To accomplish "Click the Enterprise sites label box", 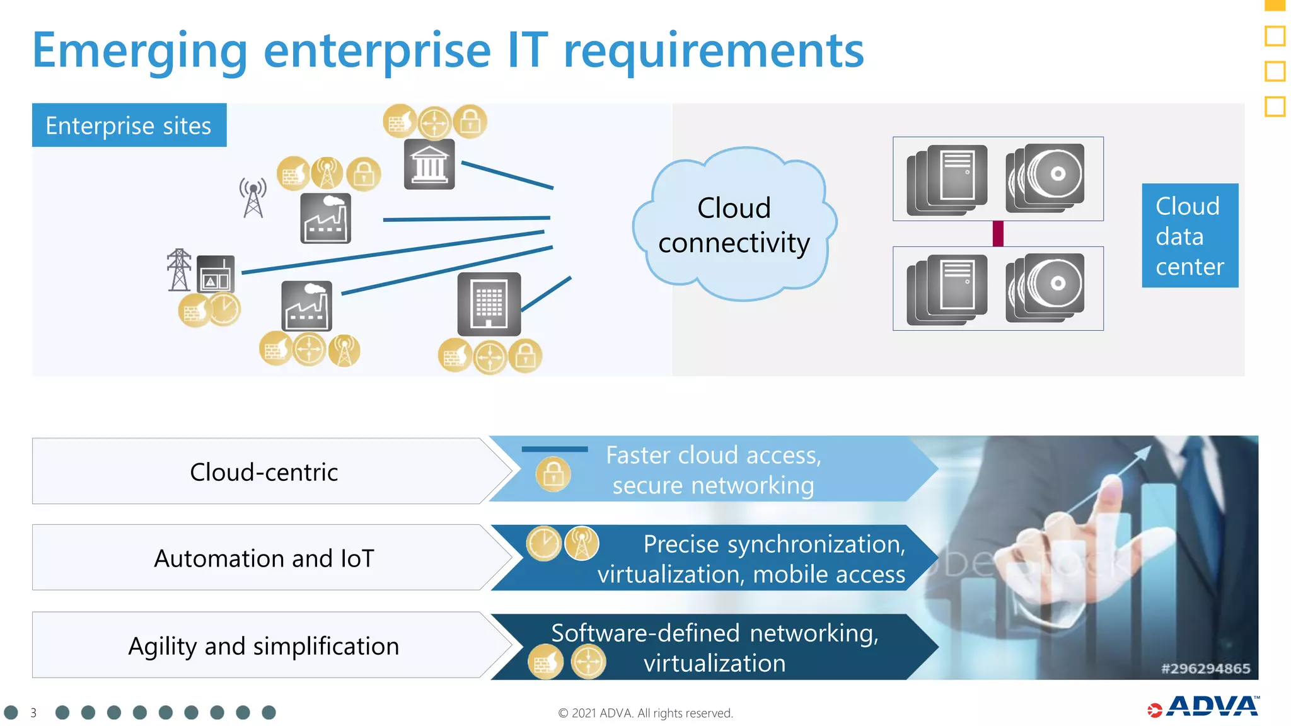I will coord(129,125).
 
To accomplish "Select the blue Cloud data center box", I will coord(1190,236).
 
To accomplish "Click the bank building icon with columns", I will coord(429,164).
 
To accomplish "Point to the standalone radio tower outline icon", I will coord(253,198).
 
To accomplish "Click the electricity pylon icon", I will coord(179,270).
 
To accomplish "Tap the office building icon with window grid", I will coord(489,304).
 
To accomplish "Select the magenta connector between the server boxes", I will coord(998,234).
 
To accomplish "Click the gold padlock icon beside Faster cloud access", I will coord(553,474).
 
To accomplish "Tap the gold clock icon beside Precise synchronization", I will coord(543,543).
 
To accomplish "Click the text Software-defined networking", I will coord(714,633).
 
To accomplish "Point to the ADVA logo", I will coord(1204,707).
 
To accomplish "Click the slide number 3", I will coord(33,713).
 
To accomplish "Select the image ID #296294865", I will coord(1205,669).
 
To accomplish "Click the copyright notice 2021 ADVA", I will coord(645,713).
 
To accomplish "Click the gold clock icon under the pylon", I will coord(224,309).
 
